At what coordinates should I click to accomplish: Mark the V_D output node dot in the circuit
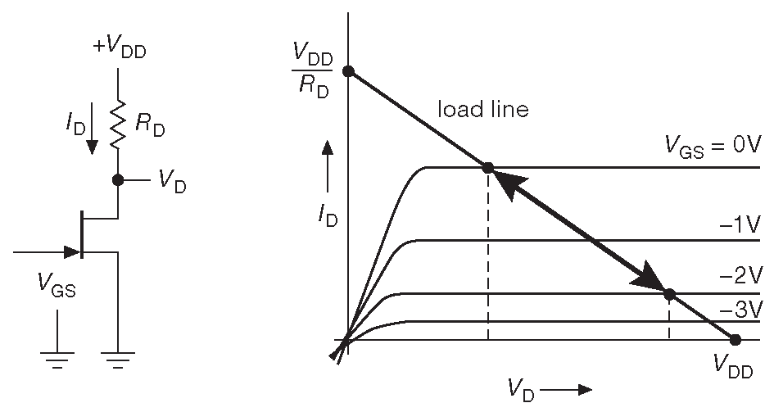point(119,179)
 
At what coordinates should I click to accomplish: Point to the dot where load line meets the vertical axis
point(348,71)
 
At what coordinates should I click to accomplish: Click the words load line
point(483,109)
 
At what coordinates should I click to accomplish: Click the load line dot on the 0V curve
point(488,168)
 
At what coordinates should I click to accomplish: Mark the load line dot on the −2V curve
point(669,294)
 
